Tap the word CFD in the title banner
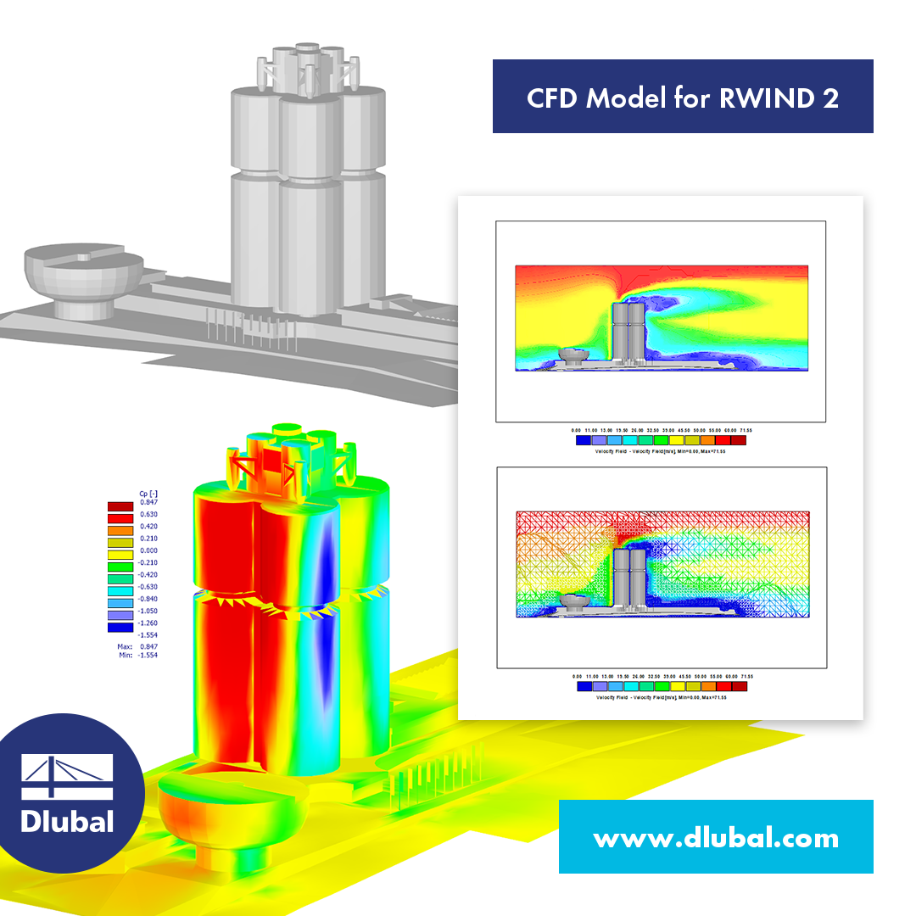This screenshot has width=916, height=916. [553, 98]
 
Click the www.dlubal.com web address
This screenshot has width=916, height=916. [716, 839]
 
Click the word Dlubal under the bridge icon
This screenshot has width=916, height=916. [67, 820]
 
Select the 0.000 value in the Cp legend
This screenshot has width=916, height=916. [148, 550]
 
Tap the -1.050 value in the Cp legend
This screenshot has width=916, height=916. [148, 610]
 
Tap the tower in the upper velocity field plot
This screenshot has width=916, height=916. [629, 334]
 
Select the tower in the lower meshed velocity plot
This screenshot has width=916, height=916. [629, 579]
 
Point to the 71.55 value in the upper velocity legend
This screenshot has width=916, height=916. [744, 430]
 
